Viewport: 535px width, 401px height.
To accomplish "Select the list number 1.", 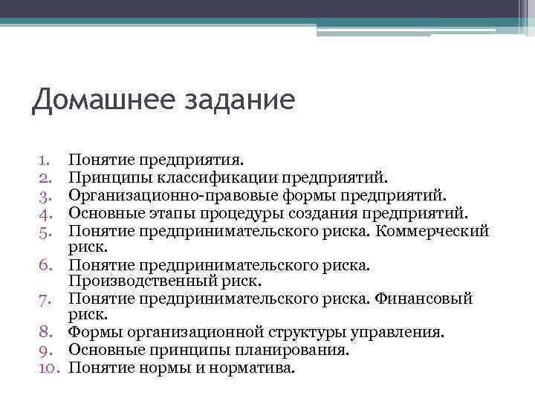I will [44, 159].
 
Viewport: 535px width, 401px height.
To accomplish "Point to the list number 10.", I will [47, 367].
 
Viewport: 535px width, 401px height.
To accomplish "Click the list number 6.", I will [43, 264].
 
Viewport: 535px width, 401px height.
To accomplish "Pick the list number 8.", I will [43, 333].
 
